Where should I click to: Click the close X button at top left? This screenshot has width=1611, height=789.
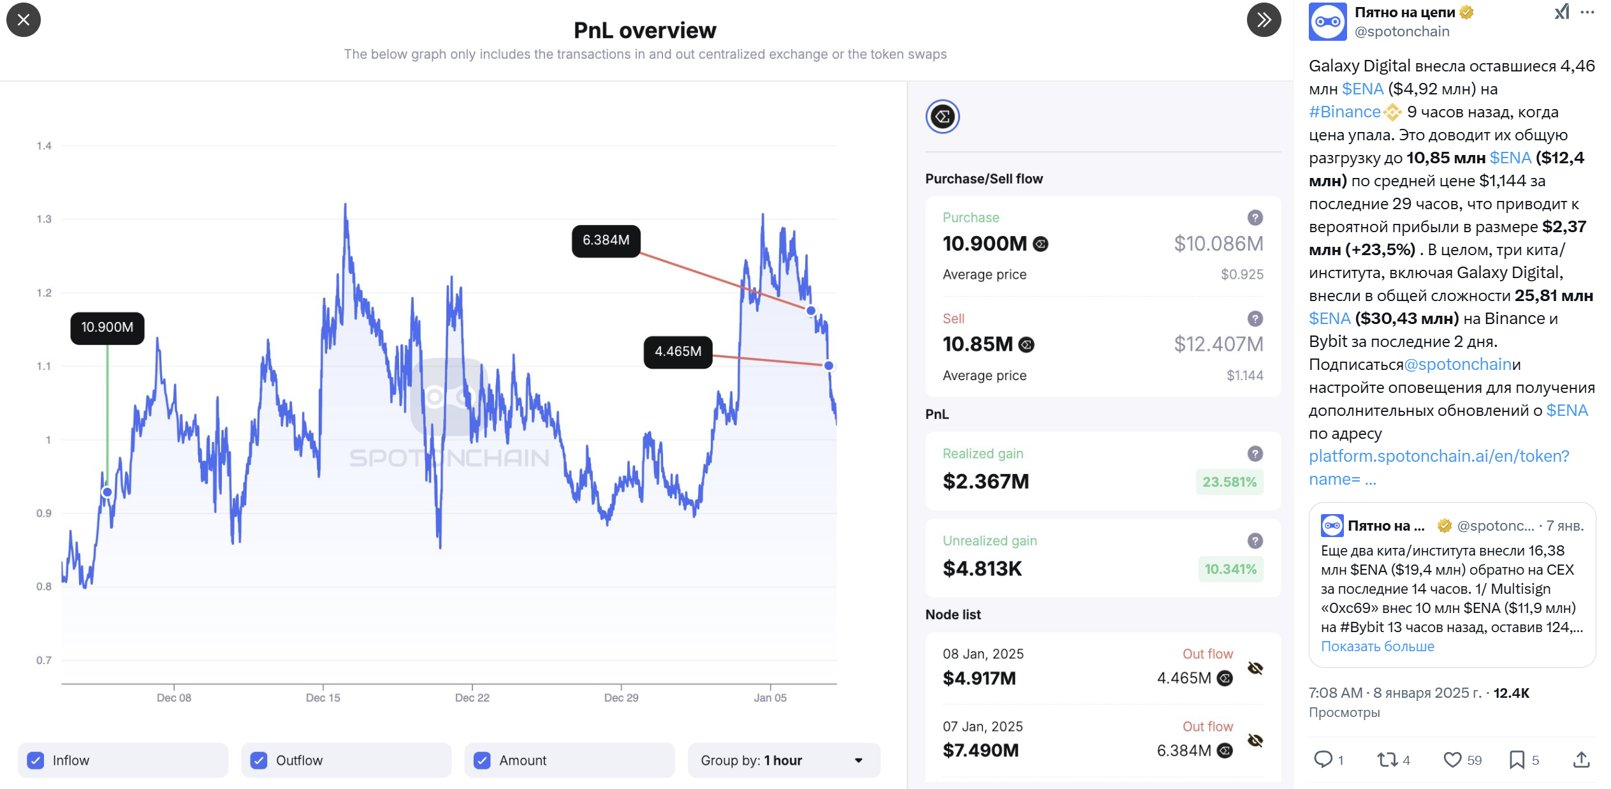[24, 20]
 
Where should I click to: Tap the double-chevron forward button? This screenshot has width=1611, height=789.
[1264, 20]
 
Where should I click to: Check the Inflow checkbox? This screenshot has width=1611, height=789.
[36, 760]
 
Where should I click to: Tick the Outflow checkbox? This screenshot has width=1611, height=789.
[259, 760]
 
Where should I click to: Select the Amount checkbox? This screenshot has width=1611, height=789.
[482, 760]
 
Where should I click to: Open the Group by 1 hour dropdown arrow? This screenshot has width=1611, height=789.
[858, 760]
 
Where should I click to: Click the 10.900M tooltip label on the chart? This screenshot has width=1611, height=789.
[107, 327]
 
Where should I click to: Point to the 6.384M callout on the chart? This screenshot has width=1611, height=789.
[606, 240]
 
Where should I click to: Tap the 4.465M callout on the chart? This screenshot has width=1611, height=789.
[678, 351]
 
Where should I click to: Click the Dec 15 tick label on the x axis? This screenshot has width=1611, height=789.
[323, 698]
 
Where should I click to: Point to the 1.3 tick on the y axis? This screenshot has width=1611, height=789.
[44, 219]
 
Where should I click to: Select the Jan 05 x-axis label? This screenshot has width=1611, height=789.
[770, 698]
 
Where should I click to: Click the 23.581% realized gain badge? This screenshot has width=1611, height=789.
[1229, 482]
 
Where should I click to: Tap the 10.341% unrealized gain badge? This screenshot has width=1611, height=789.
[1230, 569]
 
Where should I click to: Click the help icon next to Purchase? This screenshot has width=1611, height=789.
[1255, 218]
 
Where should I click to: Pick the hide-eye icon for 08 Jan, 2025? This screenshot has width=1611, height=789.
[1255, 668]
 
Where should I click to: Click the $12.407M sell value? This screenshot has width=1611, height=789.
[1218, 344]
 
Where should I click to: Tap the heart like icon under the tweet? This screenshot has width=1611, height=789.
[1452, 760]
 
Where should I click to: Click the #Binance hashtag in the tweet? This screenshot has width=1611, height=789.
[1345, 112]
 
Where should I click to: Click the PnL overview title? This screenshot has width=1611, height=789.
[645, 30]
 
